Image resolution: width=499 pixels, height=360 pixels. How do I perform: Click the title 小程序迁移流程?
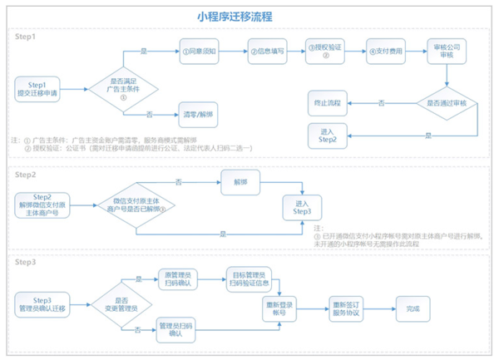(247, 16)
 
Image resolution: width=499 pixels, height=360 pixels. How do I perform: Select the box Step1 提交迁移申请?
(38, 87)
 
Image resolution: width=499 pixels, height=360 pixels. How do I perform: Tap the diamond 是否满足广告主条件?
(123, 86)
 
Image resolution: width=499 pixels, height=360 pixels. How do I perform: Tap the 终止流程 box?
(329, 104)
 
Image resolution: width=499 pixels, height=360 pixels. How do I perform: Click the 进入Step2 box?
(329, 135)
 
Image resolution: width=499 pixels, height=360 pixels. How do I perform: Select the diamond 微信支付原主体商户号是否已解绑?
(140, 205)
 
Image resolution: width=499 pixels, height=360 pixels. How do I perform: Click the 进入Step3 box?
(302, 207)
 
